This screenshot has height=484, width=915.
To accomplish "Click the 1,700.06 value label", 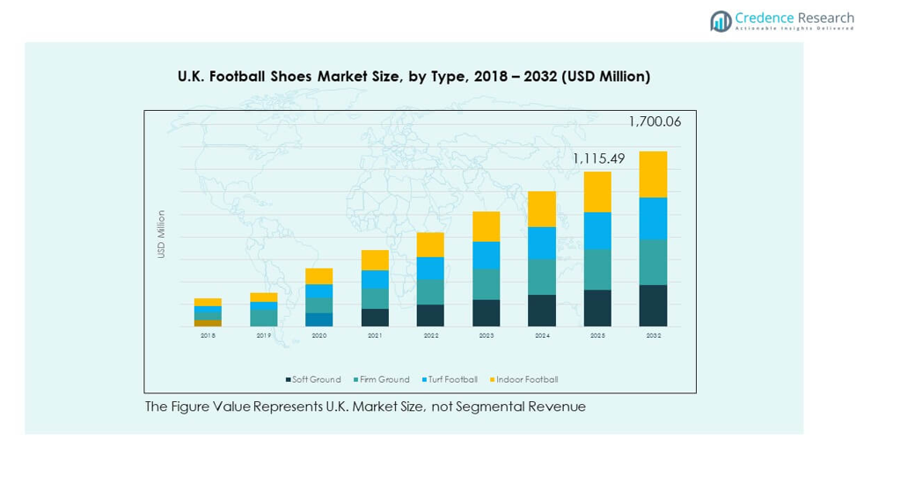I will coord(654,121).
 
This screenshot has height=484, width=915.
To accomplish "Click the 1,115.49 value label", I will coord(599,158).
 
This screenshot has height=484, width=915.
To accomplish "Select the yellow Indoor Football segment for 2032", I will coord(653,174).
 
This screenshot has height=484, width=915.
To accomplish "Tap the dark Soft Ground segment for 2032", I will coord(653,305).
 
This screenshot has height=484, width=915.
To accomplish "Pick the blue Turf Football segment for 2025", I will coord(597,231).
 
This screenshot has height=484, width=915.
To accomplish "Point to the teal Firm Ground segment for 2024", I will coord(542,276).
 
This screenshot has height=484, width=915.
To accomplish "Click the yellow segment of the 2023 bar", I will coord(486,226).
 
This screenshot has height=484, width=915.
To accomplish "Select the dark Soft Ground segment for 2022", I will coord(430,315).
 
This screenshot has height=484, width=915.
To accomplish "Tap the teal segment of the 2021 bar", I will coord(375,298).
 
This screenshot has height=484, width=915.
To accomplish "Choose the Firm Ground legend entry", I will coord(381,379).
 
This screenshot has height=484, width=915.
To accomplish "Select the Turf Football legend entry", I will coord(450,379).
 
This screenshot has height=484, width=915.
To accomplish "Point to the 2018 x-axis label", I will coord(208,335).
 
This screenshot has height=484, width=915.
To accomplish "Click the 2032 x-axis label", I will coord(653,335).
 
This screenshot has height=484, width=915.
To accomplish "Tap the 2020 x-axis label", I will coord(318,335).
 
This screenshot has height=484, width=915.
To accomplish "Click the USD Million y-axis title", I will coord(161,234).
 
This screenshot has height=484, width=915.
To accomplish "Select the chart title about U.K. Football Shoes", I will coord(414,77).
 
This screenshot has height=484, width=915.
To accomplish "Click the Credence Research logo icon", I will coord(721,21).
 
